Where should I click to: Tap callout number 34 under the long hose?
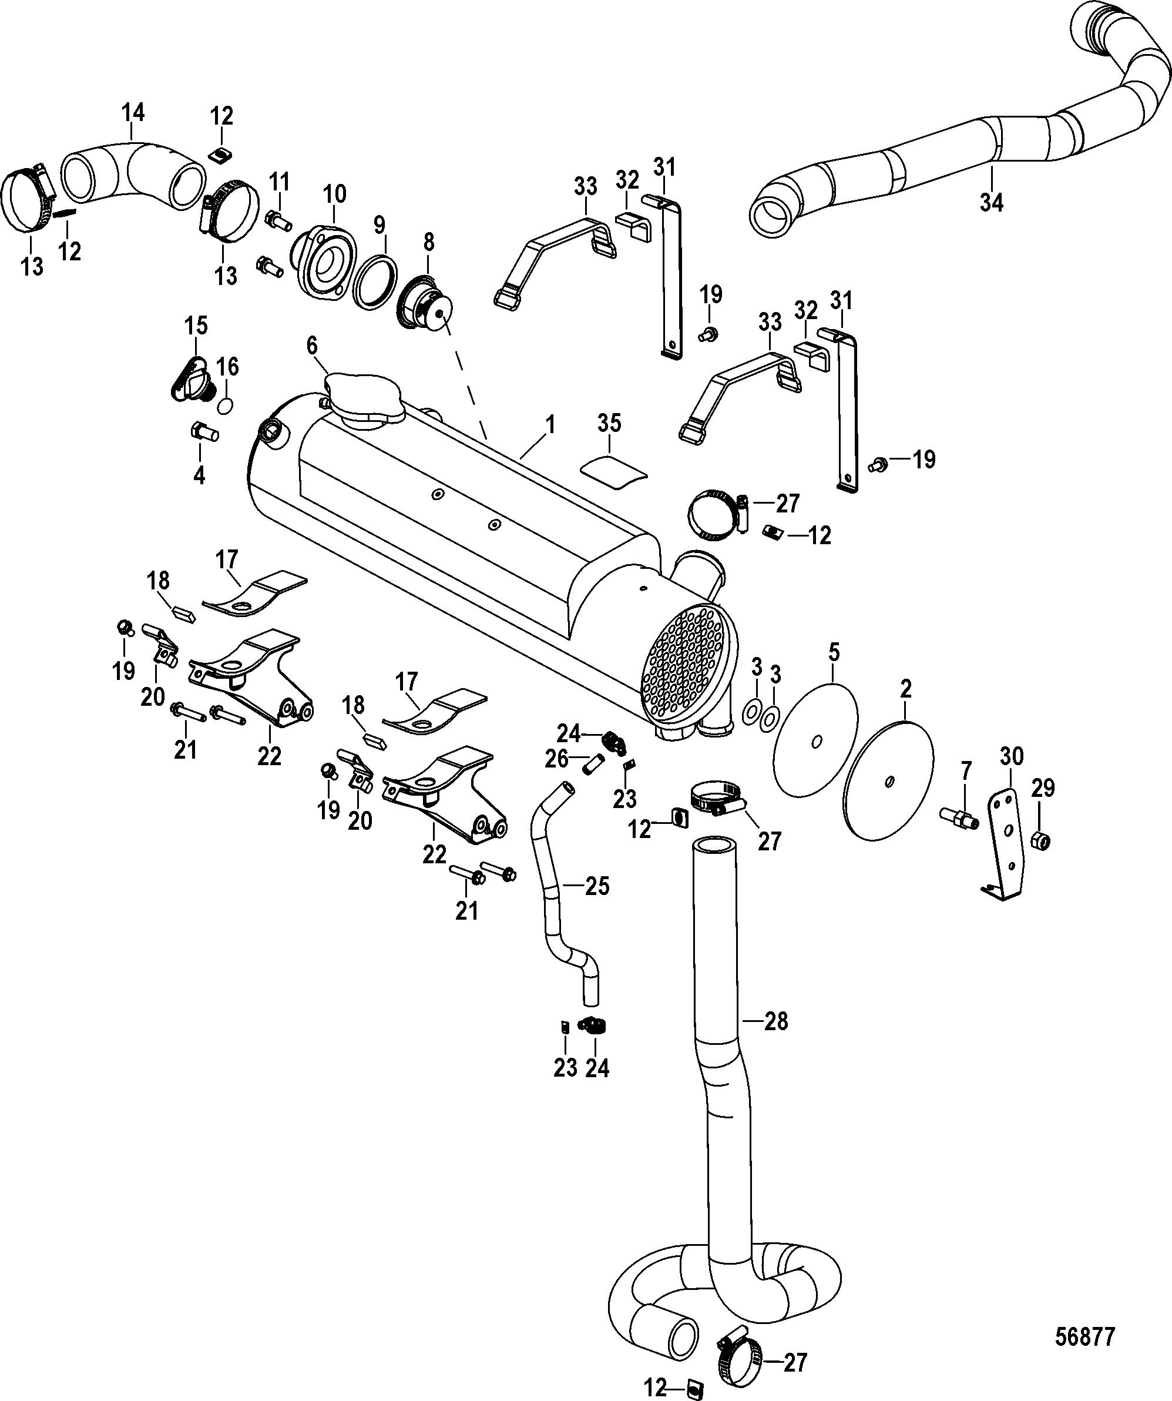pos(991,202)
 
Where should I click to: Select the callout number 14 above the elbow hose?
pos(133,112)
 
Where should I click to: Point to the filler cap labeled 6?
pos(364,400)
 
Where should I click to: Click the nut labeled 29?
pos(1041,840)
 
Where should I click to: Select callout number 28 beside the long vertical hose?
pos(776,1021)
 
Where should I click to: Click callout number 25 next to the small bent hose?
pos(597,886)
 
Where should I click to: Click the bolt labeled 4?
pos(204,431)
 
